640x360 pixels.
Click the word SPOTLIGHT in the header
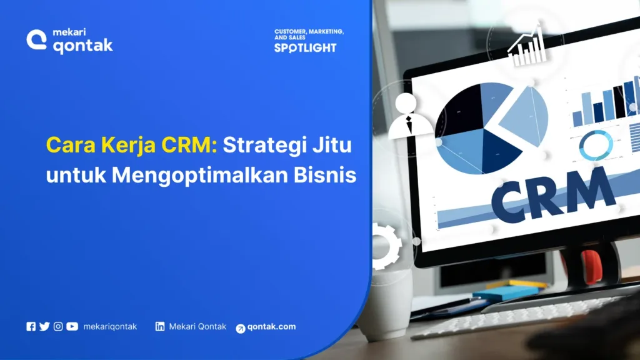(x=305, y=47)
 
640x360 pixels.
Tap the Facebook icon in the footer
(x=31, y=326)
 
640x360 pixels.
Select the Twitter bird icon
(x=44, y=326)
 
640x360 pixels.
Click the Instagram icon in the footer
(x=58, y=326)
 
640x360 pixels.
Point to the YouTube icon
(x=72, y=326)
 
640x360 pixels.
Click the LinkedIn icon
(x=160, y=326)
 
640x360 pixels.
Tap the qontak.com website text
(x=271, y=327)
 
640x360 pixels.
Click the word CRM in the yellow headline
(x=184, y=146)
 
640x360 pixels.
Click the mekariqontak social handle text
(x=110, y=326)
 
